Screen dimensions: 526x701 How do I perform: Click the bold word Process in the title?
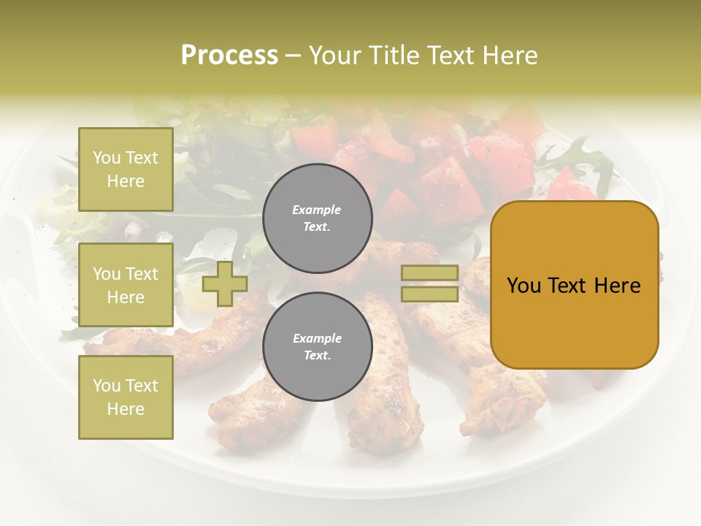pos(229,56)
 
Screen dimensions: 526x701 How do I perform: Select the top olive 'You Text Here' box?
pos(126,169)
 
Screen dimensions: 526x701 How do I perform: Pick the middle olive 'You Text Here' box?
pos(126,285)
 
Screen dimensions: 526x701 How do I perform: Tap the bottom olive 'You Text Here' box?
pos(126,397)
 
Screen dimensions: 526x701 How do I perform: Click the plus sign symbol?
pos(224,284)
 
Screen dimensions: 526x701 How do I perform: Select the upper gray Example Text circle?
pos(317,218)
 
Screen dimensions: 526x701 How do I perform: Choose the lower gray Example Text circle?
pos(317,347)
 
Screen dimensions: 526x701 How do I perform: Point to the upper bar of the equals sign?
pos(429,273)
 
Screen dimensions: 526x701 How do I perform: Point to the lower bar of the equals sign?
pos(429,294)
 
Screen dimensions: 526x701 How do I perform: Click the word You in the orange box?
pos(524,286)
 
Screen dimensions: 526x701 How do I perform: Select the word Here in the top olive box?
pos(126,181)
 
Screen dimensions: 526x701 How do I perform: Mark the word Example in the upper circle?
pos(316,210)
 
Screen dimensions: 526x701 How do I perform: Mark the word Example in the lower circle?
pos(317,338)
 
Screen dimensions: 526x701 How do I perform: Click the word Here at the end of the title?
pos(510,56)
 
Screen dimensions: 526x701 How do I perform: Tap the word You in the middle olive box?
pos(107,274)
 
